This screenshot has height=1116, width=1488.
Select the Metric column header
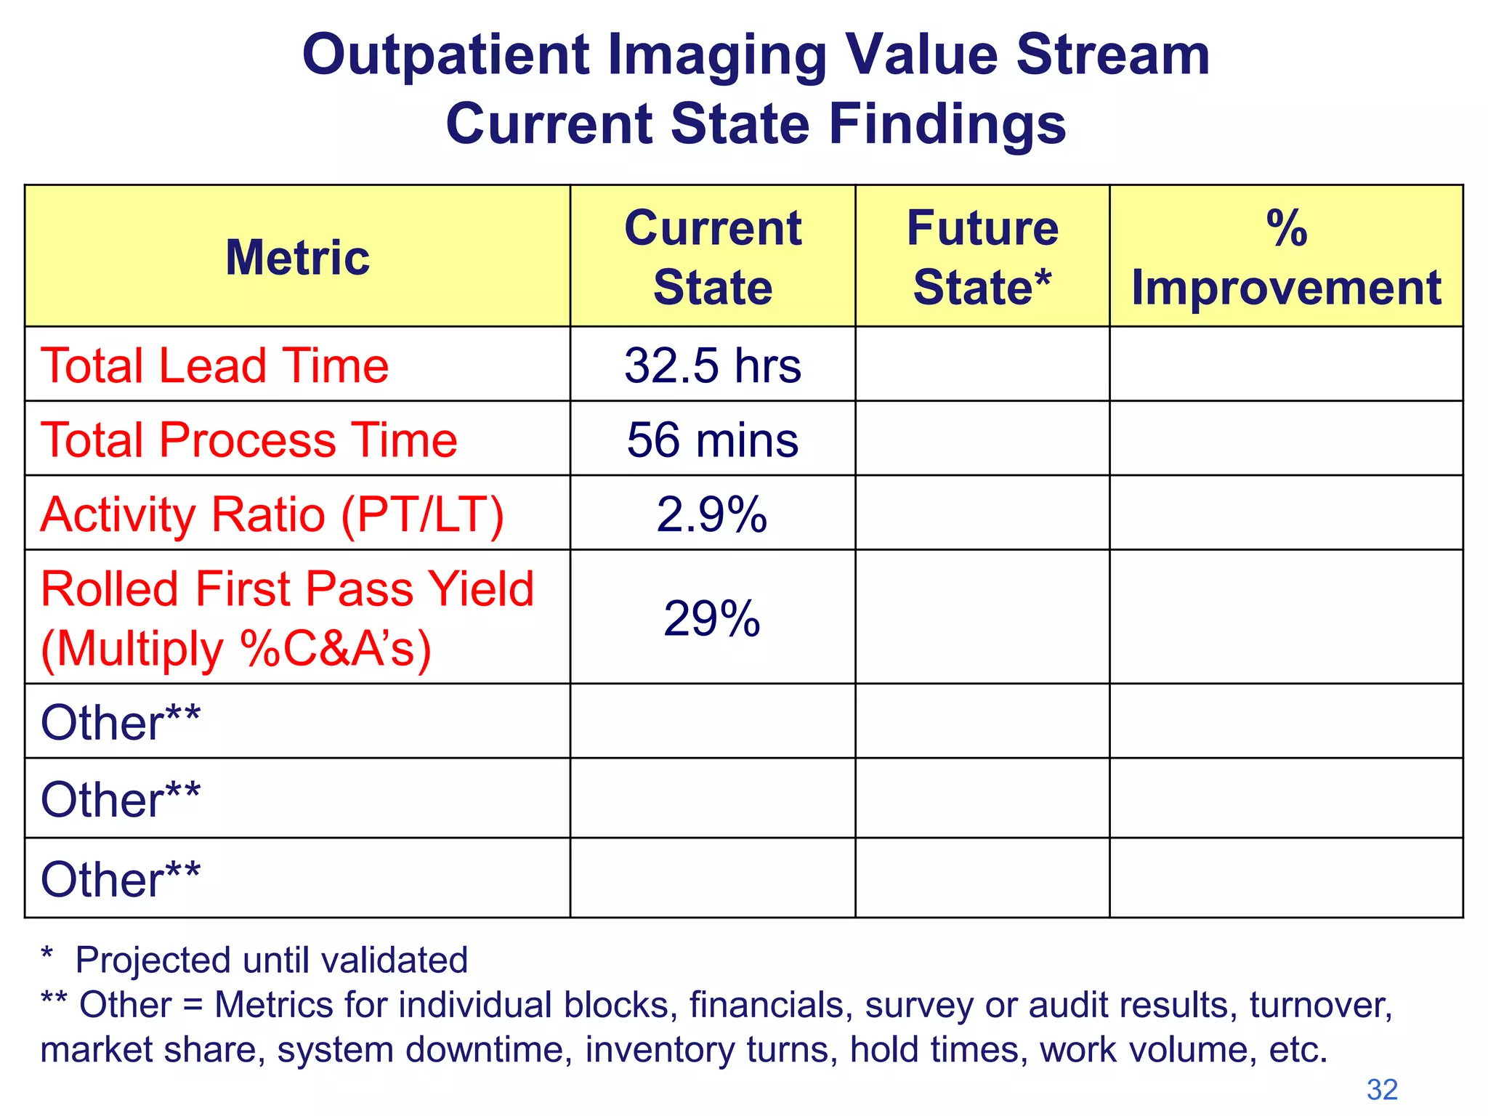point(297,257)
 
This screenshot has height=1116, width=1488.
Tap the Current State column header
point(712,257)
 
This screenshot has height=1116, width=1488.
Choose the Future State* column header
point(982,257)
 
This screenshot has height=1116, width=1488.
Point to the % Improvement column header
point(1286,257)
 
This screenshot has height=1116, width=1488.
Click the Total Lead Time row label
point(215,365)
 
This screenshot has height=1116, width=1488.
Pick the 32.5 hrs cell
point(712,365)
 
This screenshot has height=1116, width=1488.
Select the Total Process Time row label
point(249,440)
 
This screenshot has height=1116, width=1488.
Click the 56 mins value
point(712,440)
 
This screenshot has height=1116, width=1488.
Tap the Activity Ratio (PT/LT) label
point(272,514)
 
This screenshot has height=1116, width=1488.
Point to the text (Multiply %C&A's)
point(236,648)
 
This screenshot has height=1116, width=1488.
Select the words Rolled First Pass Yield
point(287,589)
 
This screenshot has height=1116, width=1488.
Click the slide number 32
point(1382,1089)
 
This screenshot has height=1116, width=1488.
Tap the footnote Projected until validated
point(272,960)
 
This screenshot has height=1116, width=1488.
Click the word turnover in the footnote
point(1319,1005)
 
